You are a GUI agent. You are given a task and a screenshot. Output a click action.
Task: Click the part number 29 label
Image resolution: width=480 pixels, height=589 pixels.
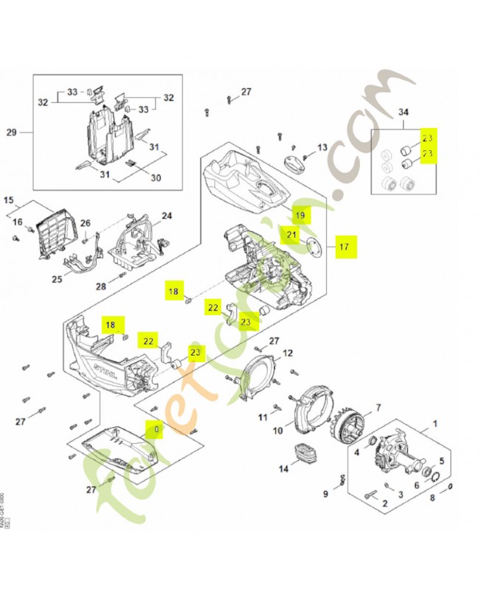[x=11, y=133]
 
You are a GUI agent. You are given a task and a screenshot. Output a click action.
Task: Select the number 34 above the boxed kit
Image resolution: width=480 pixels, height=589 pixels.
[x=403, y=113]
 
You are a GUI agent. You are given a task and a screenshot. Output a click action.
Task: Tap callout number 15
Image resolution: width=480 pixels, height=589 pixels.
[x=10, y=200]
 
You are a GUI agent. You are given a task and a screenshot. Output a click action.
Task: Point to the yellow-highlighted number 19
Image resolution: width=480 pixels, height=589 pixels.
[x=300, y=215]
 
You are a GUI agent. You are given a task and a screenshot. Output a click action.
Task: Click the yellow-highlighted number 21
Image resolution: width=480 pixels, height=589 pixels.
[x=292, y=236]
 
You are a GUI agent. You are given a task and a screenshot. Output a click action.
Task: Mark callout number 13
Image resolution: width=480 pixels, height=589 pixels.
[x=321, y=148]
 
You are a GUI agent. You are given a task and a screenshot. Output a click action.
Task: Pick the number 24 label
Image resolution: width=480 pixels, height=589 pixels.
[x=167, y=216]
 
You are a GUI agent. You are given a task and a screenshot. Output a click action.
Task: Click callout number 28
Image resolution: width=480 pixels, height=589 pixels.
[x=102, y=286]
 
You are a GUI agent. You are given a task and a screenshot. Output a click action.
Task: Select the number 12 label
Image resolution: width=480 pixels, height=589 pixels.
[x=288, y=353]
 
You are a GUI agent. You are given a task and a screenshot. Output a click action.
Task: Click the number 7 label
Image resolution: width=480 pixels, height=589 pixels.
[x=378, y=407]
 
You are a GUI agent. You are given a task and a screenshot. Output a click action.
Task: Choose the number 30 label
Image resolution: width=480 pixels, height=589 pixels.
[x=156, y=178]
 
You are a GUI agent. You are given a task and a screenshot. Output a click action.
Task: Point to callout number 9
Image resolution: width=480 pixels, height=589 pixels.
[x=325, y=494]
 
